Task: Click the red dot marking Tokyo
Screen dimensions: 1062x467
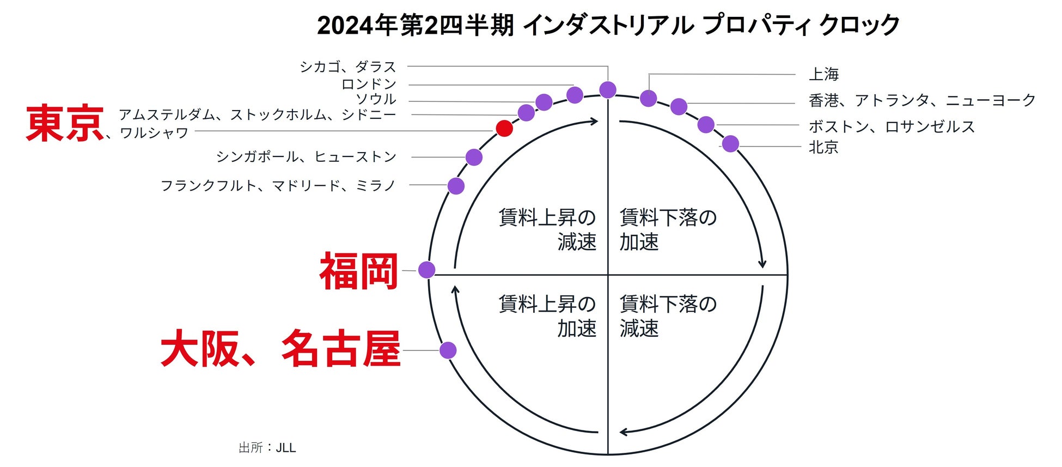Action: [x=504, y=129]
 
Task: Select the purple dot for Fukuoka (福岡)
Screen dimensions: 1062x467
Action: [x=426, y=269]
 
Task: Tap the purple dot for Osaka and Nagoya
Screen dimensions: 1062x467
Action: [x=448, y=350]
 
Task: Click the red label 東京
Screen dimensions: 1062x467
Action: [x=65, y=124]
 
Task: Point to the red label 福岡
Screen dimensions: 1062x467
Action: [x=359, y=271]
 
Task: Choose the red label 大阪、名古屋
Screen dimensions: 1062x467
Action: [x=280, y=349]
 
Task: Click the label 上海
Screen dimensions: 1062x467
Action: [x=823, y=74]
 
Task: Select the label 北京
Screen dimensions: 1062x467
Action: [x=823, y=147]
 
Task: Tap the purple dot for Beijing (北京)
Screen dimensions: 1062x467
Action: [x=730, y=144]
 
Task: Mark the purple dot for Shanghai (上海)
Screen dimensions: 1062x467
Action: [x=648, y=99]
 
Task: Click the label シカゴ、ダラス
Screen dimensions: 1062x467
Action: [x=348, y=67]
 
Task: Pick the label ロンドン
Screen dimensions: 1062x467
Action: [x=369, y=84]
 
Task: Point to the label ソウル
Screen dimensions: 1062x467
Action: [x=376, y=99]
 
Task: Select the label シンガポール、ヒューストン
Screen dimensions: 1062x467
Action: [x=307, y=157]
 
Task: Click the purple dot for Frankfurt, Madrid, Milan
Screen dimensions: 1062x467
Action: [x=456, y=186]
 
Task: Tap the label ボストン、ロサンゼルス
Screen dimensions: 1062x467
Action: [x=892, y=126]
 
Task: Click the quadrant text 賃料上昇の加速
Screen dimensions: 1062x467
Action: [x=547, y=316]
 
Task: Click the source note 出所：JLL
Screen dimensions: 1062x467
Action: [x=267, y=448]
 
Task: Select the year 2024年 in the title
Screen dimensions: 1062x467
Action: [x=357, y=25]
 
